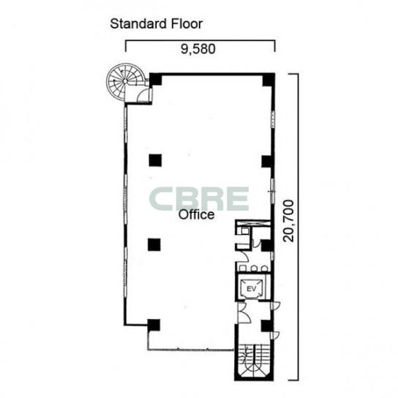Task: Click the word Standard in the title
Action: (138, 24)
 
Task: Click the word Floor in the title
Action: (187, 24)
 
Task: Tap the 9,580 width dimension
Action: (198, 49)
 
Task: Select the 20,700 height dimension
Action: (288, 221)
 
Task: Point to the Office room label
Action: (196, 215)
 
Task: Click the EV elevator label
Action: (251, 288)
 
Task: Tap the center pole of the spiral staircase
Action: (125, 81)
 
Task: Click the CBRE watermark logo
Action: (199, 199)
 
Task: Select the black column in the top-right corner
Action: (269, 80)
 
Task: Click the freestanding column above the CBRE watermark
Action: (155, 160)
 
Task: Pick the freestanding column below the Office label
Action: (154, 244)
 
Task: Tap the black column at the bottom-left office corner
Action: (154, 325)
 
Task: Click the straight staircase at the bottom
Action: (254, 361)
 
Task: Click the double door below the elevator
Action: (244, 312)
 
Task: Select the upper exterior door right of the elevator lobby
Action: (275, 306)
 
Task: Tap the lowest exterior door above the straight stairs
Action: (274, 335)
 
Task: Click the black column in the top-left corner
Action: (156, 80)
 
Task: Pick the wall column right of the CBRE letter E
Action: (268, 162)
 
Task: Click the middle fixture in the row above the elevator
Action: (254, 268)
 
